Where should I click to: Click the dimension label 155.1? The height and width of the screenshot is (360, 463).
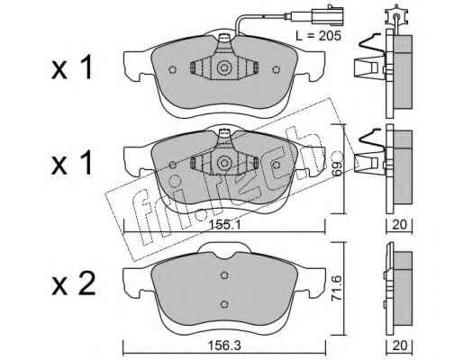(x=225, y=225)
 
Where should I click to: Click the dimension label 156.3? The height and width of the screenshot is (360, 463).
(x=225, y=346)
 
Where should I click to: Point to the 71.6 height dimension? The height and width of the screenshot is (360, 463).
(x=337, y=289)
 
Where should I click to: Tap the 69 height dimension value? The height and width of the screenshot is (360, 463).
(x=337, y=168)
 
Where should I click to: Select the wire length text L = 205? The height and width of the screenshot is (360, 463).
(x=319, y=36)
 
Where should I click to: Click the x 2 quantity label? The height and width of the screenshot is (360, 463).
(x=73, y=283)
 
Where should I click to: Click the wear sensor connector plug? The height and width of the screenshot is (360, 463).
(x=327, y=15)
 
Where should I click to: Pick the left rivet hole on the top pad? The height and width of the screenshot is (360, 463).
(x=172, y=69)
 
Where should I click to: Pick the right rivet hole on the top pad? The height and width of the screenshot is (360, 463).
(x=277, y=69)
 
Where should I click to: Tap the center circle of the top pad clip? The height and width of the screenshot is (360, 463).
(x=224, y=67)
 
